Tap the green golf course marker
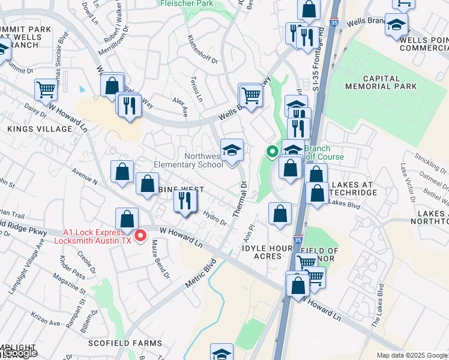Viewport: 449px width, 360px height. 272,152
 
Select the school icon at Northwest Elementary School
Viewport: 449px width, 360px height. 232,150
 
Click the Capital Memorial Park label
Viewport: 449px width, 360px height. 390,82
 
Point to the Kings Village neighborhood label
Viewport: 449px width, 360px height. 39,129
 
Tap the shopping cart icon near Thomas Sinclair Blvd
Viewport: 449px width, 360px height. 46,90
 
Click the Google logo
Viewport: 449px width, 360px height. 19,353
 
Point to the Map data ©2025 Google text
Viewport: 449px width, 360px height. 412,355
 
